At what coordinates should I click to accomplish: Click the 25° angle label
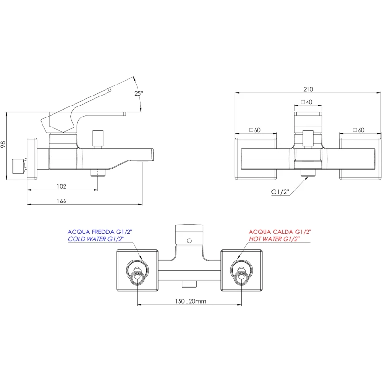(x=138, y=94)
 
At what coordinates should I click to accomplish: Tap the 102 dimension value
(x=61, y=186)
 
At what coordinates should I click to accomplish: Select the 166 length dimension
(x=61, y=201)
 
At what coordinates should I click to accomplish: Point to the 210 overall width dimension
(x=308, y=89)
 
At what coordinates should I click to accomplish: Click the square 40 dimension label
(x=307, y=102)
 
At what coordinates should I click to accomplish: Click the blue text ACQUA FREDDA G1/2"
(x=99, y=232)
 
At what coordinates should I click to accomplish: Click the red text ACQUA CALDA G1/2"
(x=280, y=232)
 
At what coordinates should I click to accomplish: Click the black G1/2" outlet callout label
(x=281, y=192)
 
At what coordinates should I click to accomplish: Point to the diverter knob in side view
(x=98, y=138)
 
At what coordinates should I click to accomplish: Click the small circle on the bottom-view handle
(x=189, y=241)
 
